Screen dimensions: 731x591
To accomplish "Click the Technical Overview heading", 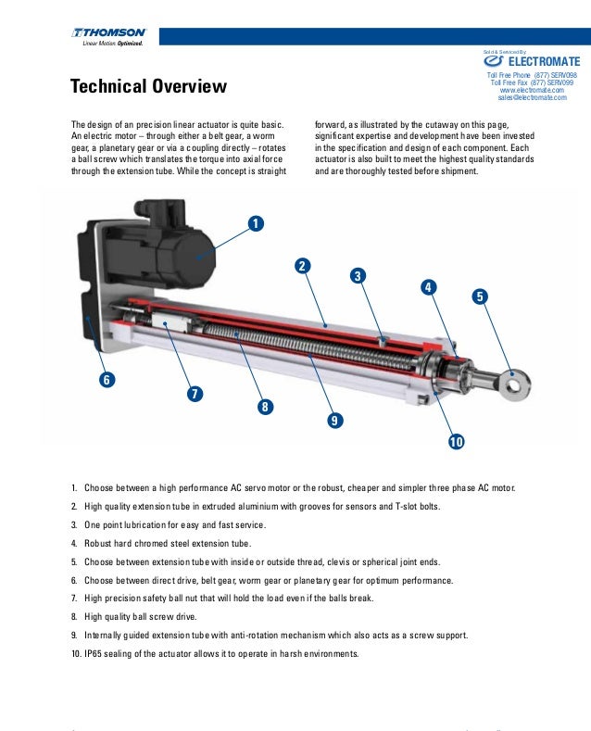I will pyautogui.click(x=148, y=87).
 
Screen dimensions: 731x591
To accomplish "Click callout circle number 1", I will pyautogui.click(x=254, y=223).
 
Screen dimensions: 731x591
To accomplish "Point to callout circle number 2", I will pyautogui.click(x=302, y=267).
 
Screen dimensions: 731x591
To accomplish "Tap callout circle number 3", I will pyautogui.click(x=358, y=276).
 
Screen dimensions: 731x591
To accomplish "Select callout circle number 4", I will pyautogui.click(x=428, y=287).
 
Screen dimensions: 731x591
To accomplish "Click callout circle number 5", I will pyautogui.click(x=479, y=297).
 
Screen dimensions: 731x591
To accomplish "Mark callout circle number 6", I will pyautogui.click(x=107, y=380).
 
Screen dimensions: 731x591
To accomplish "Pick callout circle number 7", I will pyautogui.click(x=195, y=393).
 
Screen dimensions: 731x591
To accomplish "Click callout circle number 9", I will pyautogui.click(x=334, y=422).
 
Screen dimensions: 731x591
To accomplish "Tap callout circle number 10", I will pyautogui.click(x=456, y=442).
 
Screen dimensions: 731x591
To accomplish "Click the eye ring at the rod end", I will pyautogui.click(x=514, y=378).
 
